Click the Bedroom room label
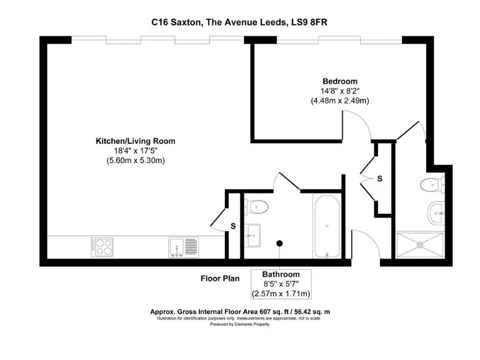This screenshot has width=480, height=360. (x=339, y=81)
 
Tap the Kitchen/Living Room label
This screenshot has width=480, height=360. (x=135, y=141)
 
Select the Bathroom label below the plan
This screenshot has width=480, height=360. (x=281, y=274)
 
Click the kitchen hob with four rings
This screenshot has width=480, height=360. (x=102, y=246)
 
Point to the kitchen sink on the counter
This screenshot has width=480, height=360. (x=182, y=247)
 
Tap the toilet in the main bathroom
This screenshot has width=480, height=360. (x=256, y=206)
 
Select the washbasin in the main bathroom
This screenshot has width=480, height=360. (x=254, y=236)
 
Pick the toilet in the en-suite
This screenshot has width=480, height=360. (x=431, y=184)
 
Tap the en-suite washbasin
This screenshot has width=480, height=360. (x=436, y=213)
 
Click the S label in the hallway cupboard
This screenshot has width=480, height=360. (x=379, y=179)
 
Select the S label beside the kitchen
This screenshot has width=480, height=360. (x=233, y=226)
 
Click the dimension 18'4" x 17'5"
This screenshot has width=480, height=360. (x=135, y=151)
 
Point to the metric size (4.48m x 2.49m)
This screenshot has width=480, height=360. (x=339, y=101)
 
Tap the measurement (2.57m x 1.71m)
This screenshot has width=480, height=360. (x=281, y=294)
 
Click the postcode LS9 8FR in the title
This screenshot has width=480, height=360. (x=309, y=22)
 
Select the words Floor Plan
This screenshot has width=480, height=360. (x=219, y=278)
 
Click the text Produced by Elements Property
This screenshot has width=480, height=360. (x=240, y=324)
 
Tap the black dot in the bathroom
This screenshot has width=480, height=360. (x=280, y=243)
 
